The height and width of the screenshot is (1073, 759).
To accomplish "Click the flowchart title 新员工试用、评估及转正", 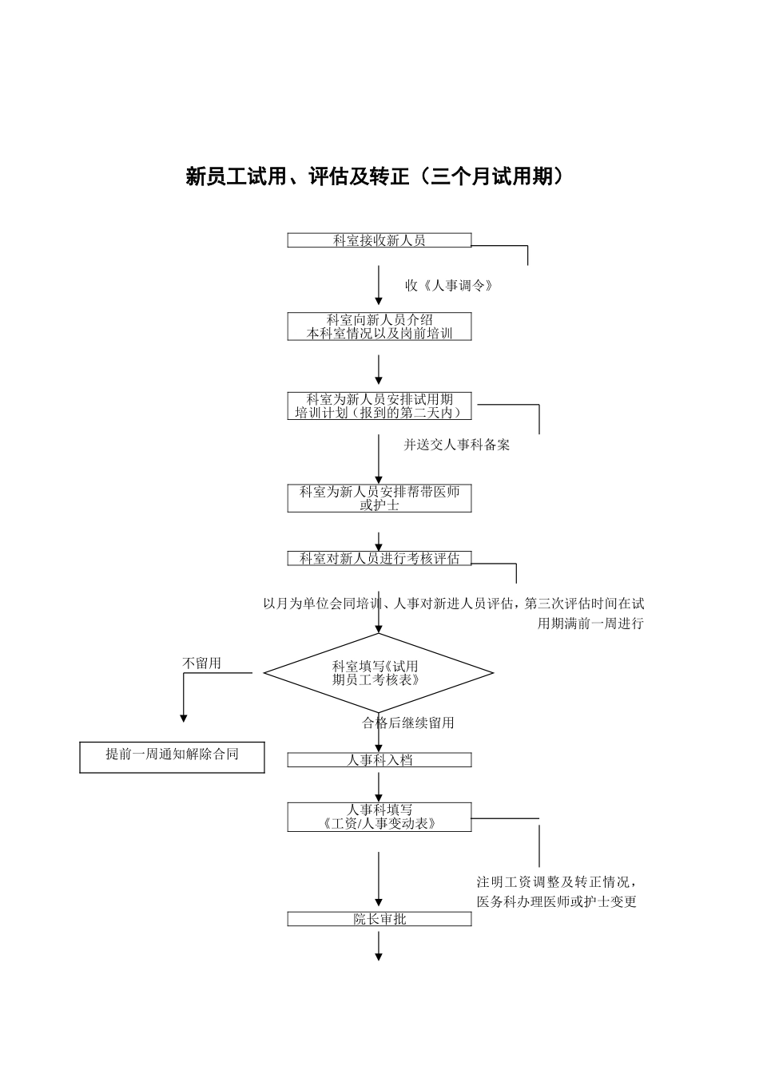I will (x=375, y=176).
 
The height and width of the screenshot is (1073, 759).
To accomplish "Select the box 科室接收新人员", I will (x=379, y=240).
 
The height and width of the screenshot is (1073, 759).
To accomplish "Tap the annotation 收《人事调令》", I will (x=447, y=286).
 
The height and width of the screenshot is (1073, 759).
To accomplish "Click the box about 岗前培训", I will (x=379, y=327).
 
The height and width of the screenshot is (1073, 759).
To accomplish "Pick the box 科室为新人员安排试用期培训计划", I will (x=379, y=406).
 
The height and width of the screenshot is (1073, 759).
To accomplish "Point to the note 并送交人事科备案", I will (x=456, y=445).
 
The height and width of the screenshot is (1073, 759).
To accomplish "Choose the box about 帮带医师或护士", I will (x=379, y=498).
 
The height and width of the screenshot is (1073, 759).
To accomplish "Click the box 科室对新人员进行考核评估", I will (x=379, y=559).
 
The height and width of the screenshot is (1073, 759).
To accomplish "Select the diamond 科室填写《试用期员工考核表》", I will (x=378, y=673).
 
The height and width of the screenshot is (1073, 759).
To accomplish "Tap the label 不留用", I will (x=201, y=663).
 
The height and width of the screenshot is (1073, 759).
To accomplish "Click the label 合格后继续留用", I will (x=408, y=723).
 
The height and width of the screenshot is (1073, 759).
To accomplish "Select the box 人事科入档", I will (x=379, y=761).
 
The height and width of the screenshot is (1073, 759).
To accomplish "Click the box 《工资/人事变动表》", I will (x=379, y=817).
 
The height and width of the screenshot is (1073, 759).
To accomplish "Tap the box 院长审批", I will (x=379, y=920).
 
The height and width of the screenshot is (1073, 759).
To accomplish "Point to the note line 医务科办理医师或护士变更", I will (x=556, y=902).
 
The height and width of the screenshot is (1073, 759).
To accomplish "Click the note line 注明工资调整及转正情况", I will (x=556, y=882).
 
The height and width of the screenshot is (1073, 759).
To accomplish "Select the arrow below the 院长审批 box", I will (x=379, y=946).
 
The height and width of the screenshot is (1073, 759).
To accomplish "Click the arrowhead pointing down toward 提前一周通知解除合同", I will (x=184, y=717).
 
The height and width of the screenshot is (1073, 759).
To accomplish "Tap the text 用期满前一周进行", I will (x=590, y=624).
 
